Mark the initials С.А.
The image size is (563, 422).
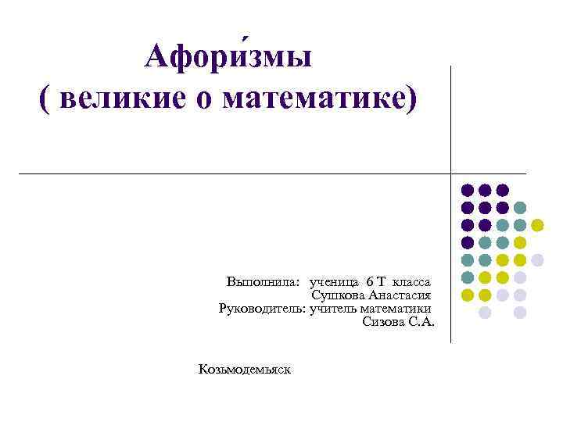click(421, 322)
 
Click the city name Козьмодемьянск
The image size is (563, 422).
click(244, 368)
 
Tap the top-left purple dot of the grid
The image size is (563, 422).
click(467, 190)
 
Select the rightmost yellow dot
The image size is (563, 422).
click(537, 225)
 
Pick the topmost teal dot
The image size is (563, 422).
click(520, 208)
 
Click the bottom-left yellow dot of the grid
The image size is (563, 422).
click(467, 295)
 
